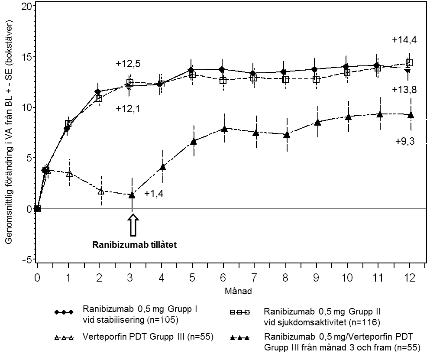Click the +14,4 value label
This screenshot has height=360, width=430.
[x=404, y=40]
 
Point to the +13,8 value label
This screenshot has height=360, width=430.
[x=404, y=90]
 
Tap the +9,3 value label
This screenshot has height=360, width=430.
[x=405, y=141]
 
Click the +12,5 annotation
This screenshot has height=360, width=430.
[x=128, y=64]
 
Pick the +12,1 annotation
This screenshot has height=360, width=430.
[x=128, y=109]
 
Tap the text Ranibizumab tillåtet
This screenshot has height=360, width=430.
[x=135, y=244]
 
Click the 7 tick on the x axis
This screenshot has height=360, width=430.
[x=255, y=277]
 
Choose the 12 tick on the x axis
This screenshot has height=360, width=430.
[x=410, y=277]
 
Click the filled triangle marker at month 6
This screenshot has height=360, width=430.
[x=224, y=129]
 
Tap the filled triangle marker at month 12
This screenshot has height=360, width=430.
[x=411, y=115]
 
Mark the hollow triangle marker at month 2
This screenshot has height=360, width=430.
[x=101, y=191]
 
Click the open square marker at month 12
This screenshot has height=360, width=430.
[x=409, y=63]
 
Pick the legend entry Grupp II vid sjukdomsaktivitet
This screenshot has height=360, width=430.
[x=322, y=317]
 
